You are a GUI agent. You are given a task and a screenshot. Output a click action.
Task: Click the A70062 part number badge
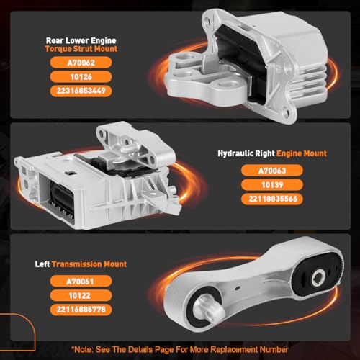tap(81, 63)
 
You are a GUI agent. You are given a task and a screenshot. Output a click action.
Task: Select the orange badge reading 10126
tap(81, 77)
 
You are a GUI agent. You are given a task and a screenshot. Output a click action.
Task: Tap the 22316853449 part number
tap(81, 91)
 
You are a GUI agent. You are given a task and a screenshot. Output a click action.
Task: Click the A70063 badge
tap(272, 171)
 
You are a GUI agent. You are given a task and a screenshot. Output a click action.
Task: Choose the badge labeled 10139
tap(272, 185)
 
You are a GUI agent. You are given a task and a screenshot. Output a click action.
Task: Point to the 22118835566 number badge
tap(272, 199)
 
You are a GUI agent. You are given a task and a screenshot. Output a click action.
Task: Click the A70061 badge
tap(81, 282)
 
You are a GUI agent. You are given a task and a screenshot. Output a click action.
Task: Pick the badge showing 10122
tap(81, 295)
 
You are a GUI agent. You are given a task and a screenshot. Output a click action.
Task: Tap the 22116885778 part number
tap(81, 310)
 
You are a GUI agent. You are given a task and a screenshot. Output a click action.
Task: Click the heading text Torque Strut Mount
tap(81, 49)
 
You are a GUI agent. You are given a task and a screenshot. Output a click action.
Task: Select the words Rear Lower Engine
tap(81, 40)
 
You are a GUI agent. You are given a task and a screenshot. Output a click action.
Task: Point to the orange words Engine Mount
tap(302, 153)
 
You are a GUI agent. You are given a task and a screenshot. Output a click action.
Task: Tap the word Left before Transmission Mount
tap(42, 264)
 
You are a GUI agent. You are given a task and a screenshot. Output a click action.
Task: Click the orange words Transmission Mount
tap(89, 264)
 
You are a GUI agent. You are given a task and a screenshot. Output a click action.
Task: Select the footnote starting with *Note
tap(179, 349)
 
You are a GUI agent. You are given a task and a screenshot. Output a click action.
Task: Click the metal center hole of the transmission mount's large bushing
tap(318, 277)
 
